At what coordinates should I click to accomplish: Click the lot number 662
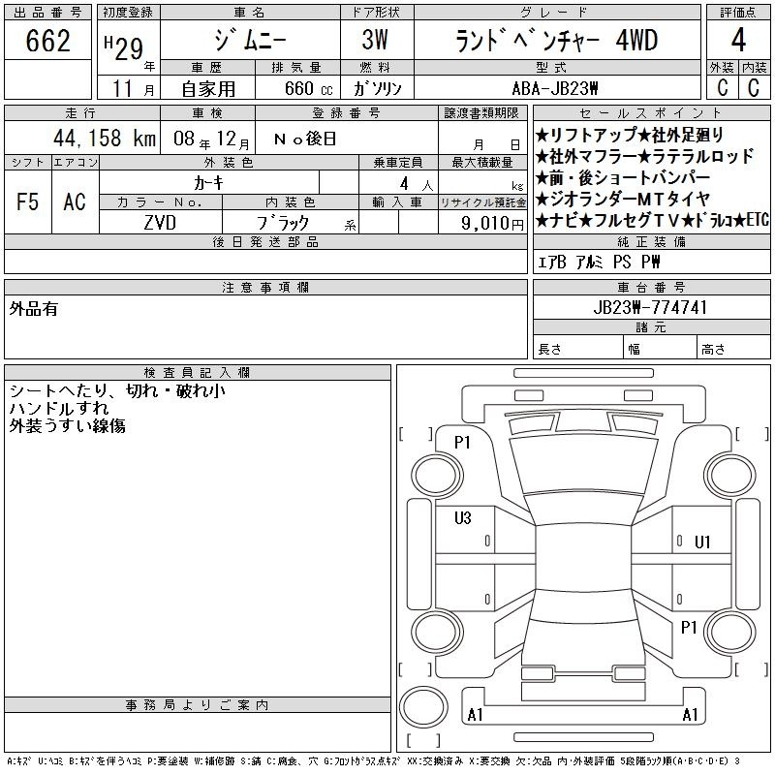[47, 41]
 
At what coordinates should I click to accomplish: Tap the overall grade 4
[738, 40]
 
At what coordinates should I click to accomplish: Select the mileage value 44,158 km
[105, 138]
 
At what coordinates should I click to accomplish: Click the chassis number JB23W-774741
[650, 307]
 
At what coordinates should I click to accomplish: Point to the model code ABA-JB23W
[555, 88]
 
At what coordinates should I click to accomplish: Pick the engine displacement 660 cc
[308, 88]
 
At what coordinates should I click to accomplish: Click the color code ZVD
[160, 223]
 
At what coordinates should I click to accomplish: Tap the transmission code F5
[27, 201]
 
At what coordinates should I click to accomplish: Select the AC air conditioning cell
[75, 201]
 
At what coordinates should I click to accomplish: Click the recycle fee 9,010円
[492, 224]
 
